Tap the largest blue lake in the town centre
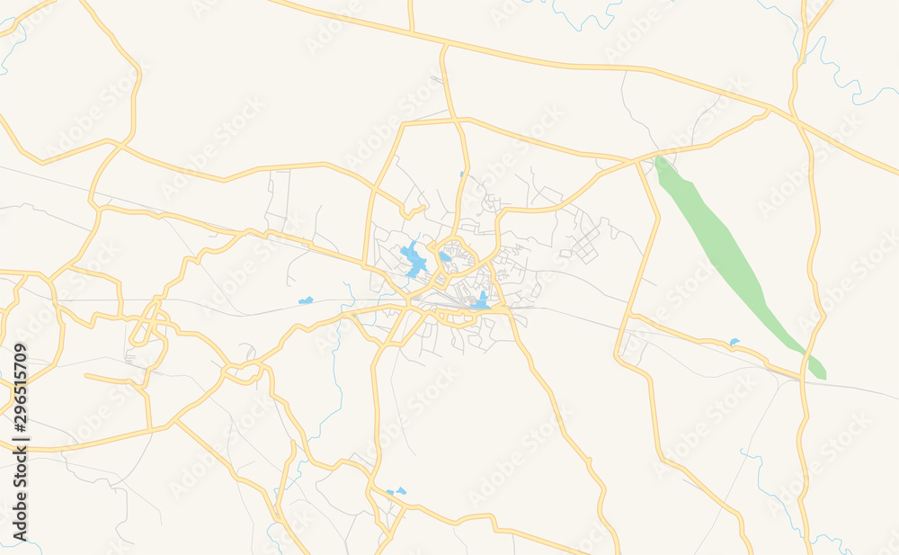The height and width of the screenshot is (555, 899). tap(414, 259)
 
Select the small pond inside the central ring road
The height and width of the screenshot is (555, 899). tap(446, 256)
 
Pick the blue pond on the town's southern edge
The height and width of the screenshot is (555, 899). tap(483, 300)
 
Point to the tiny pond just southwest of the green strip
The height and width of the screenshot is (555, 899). tap(734, 342)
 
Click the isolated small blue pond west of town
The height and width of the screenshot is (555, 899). tap(306, 300)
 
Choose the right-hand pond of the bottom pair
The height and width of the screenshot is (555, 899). tap(400, 490)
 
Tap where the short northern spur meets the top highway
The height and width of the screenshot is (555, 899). tap(412, 34)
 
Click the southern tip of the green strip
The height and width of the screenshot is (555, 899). tap(820, 373)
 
